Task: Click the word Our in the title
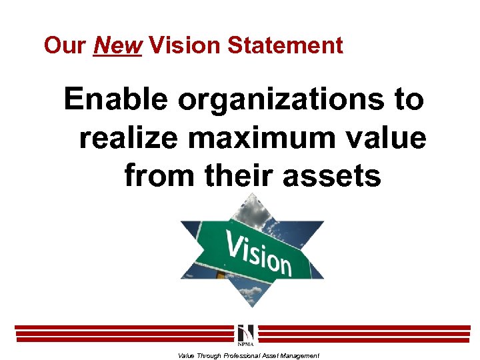(65, 45)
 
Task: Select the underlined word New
(118, 45)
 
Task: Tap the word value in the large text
(387, 138)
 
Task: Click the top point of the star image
(251, 195)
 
